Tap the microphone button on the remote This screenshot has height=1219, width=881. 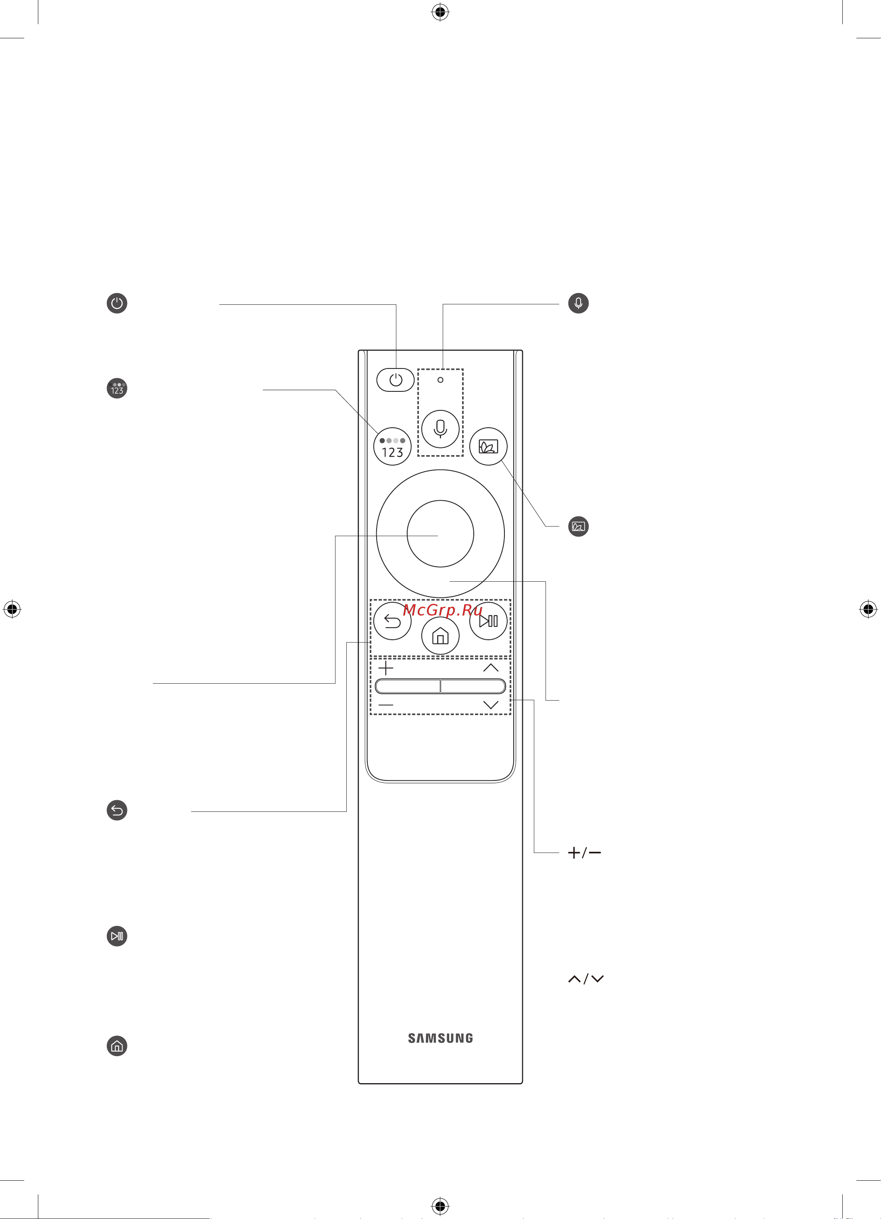(440, 429)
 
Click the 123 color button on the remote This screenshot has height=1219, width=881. (392, 447)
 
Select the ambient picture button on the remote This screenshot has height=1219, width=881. (488, 447)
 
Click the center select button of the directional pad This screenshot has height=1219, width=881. (440, 534)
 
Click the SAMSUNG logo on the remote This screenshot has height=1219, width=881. (440, 1038)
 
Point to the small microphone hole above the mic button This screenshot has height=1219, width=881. (440, 380)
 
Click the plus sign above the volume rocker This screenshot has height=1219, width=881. (386, 668)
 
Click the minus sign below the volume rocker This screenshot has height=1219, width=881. (386, 705)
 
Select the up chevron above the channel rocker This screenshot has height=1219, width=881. (491, 668)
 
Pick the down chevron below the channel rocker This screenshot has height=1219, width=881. (491, 705)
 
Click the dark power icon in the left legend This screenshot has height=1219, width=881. (117, 303)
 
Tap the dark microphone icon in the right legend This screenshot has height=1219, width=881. (578, 303)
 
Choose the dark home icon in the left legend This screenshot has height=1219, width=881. (117, 1046)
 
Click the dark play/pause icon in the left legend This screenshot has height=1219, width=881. (117, 936)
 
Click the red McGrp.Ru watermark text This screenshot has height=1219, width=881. (442, 610)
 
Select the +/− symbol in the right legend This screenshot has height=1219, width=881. (584, 853)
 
